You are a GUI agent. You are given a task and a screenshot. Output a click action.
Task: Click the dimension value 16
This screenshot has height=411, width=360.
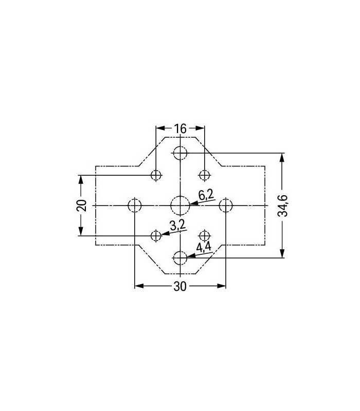click(180, 128)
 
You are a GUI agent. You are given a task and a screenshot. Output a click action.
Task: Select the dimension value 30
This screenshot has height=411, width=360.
click(179, 287)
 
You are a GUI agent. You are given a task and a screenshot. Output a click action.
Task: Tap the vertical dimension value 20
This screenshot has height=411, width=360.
click(81, 205)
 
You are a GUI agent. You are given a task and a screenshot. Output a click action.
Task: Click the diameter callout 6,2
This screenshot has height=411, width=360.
click(206, 195)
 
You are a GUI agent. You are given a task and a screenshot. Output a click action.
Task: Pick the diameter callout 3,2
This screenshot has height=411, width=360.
click(176, 225)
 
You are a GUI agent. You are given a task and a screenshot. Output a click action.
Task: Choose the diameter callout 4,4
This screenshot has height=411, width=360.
click(204, 247)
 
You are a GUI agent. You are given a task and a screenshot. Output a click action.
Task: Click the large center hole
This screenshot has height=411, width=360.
click(180, 205)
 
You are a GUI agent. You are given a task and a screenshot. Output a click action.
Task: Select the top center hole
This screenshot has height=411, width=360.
click(180, 153)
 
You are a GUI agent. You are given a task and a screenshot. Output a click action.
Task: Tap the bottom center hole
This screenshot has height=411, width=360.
click(180, 258)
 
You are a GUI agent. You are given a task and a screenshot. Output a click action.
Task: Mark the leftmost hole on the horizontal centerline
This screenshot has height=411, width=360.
click(134, 205)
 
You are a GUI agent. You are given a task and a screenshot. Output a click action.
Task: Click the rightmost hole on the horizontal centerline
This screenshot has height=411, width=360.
click(226, 205)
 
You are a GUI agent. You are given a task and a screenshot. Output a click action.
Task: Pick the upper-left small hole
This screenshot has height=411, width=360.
click(156, 175)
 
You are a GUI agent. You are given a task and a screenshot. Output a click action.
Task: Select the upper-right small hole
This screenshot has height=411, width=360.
click(205, 175)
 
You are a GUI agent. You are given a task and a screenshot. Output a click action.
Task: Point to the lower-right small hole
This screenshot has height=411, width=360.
click(205, 235)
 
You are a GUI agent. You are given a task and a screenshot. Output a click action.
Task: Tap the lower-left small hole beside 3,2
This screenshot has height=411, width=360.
click(156, 235)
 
